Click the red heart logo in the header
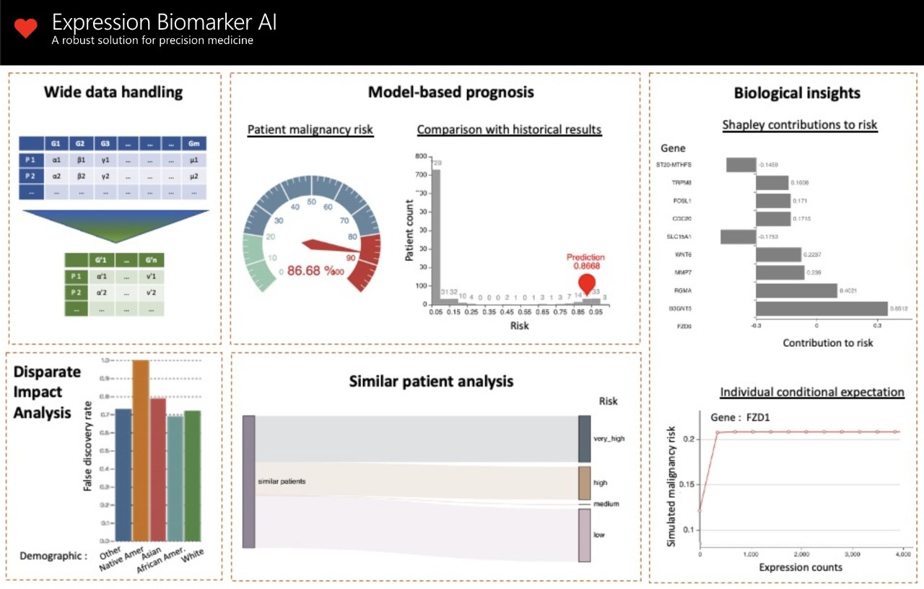[25, 29]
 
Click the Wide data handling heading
[113, 93]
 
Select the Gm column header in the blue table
[193, 143]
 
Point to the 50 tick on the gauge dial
[311, 202]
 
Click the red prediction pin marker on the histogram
[588, 284]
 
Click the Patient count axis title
[409, 230]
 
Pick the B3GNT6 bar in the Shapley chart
[821, 309]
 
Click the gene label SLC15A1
[679, 236]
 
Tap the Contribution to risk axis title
[827, 343]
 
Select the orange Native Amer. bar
[140, 450]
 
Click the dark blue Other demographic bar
[123, 474]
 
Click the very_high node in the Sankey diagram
[584, 438]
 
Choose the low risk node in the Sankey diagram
[584, 535]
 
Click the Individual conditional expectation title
[811, 392]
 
